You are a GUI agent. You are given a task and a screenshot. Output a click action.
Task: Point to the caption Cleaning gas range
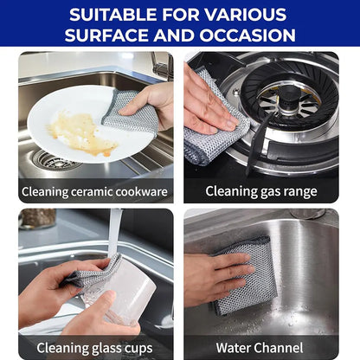pyautogui.click(x=261, y=191)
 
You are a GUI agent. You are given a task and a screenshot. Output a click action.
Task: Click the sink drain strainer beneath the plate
pyautogui.click(x=55, y=160)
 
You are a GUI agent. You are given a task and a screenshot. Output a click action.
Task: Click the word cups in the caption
pyautogui.click(x=137, y=347)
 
